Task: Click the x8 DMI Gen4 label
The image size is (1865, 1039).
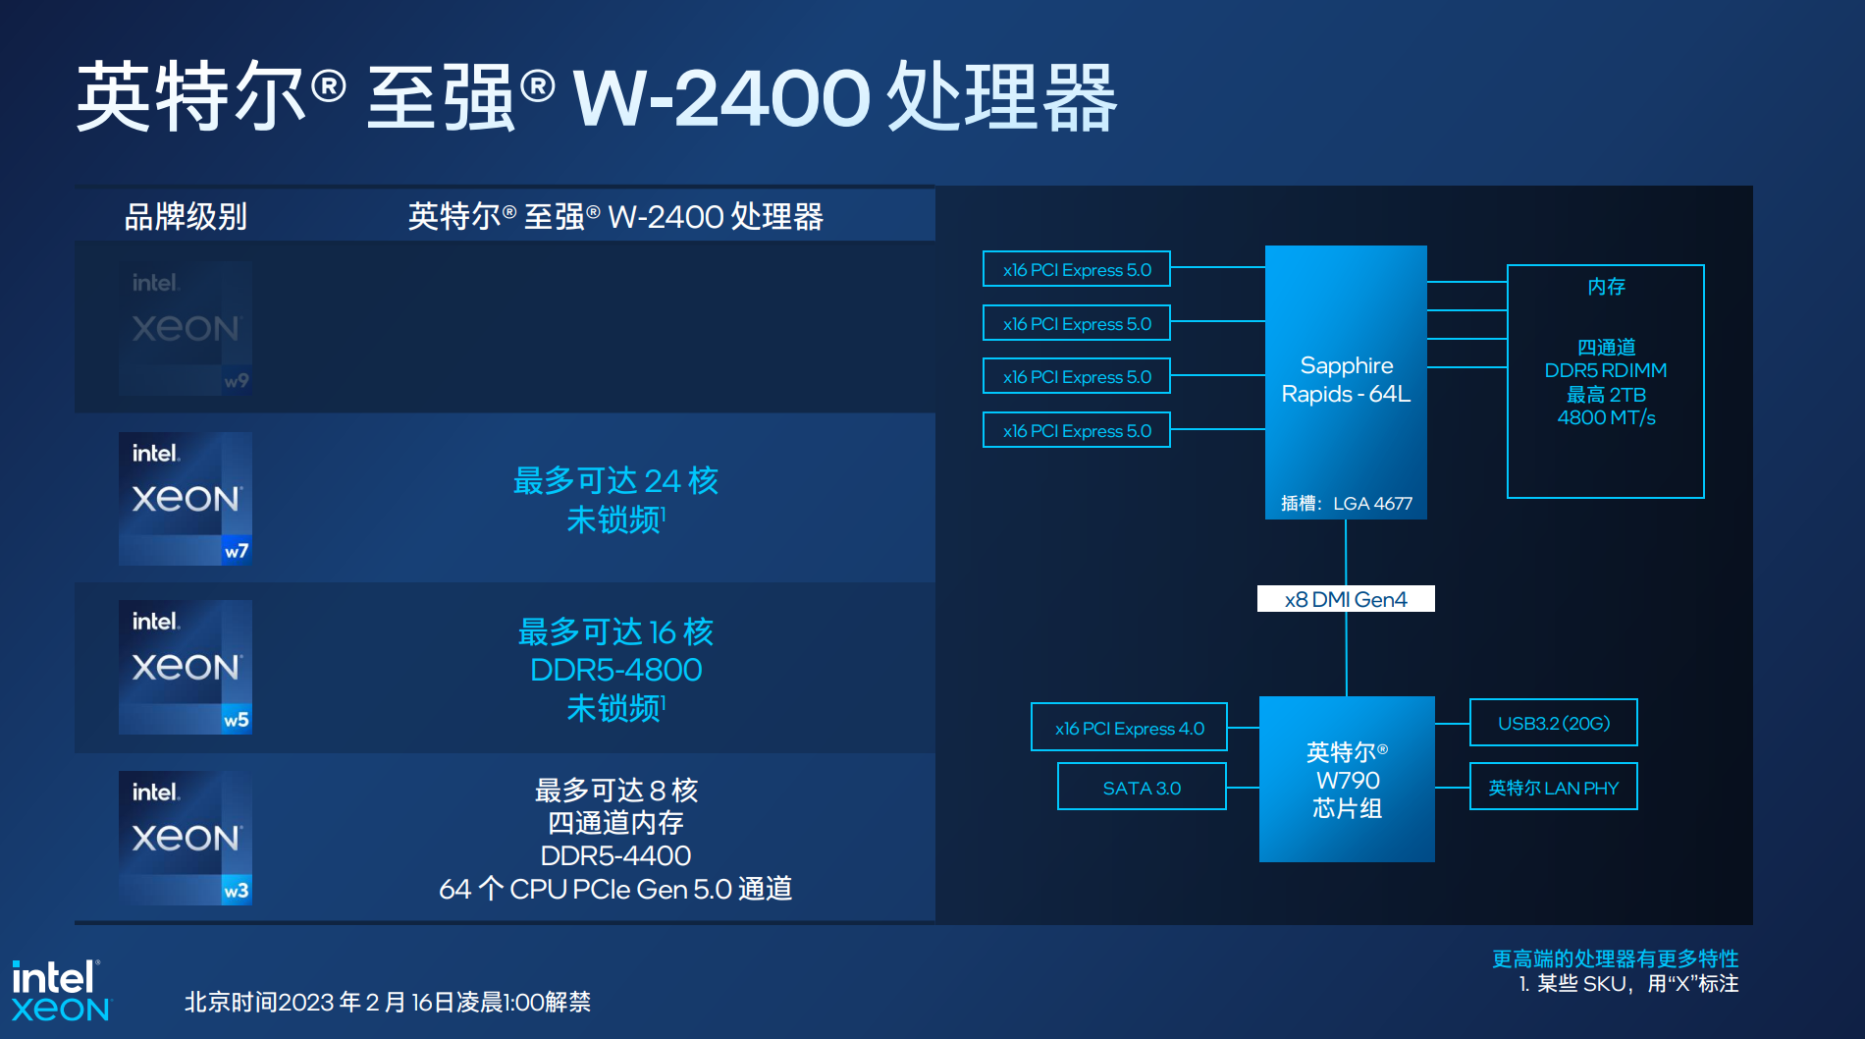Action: [x=1346, y=599]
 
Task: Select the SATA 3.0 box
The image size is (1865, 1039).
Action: [x=1142, y=788]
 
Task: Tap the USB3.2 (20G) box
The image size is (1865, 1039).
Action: [x=1553, y=724]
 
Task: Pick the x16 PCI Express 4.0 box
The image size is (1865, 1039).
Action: [x=1129, y=728]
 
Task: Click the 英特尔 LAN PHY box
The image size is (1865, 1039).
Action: [x=1553, y=788]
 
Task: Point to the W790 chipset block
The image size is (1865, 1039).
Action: [x=1347, y=780]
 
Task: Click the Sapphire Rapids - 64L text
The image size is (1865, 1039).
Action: [x=1346, y=380]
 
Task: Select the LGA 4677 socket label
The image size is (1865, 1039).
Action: [x=1371, y=504]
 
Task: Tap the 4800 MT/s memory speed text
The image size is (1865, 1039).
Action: [x=1606, y=418]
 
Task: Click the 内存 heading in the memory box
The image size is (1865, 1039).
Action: [x=1606, y=287]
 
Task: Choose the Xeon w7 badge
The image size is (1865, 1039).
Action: [x=186, y=499]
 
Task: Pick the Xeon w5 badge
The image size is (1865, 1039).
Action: [x=186, y=668]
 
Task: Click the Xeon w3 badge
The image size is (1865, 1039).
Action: [x=186, y=838]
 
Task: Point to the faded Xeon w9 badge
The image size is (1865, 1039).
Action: [x=186, y=328]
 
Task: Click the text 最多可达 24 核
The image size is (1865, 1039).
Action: [x=615, y=481]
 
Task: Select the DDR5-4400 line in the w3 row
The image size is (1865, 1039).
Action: [x=615, y=856]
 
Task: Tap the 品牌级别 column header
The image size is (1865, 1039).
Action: [x=186, y=217]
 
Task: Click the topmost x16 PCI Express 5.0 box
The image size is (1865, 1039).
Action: [x=1077, y=270]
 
